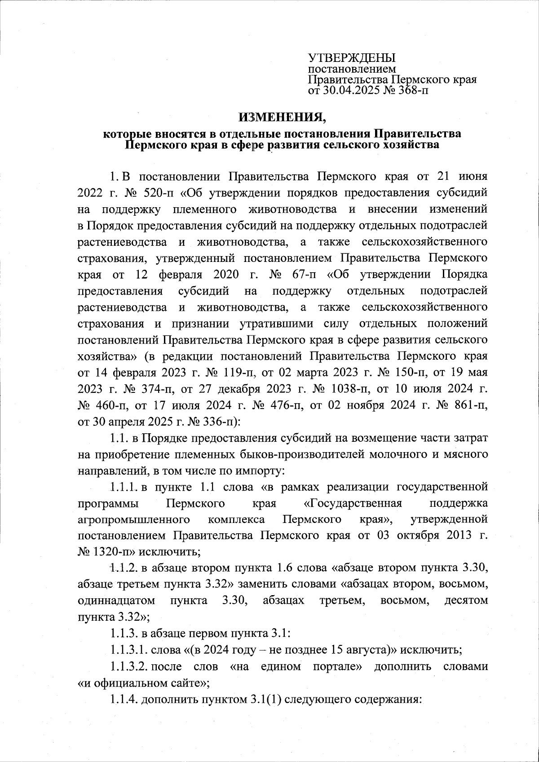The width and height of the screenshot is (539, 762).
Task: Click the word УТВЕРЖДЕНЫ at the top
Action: point(351,58)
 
